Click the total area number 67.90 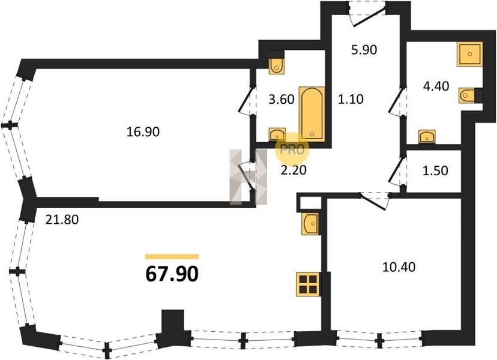(172, 274)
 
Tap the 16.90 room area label (143, 132)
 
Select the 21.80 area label (62, 219)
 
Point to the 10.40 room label (399, 267)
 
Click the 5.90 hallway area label (364, 50)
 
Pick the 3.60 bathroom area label (282, 99)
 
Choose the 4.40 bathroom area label (436, 86)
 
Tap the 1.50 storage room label (436, 170)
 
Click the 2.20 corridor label (294, 170)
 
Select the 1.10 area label (351, 99)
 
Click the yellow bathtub (312, 113)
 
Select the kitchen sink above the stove (310, 224)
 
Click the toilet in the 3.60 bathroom (277, 62)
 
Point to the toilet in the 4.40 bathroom (467, 95)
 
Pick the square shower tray (470, 54)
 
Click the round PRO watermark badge (292, 149)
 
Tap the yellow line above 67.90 (172, 257)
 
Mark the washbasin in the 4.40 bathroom (427, 137)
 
